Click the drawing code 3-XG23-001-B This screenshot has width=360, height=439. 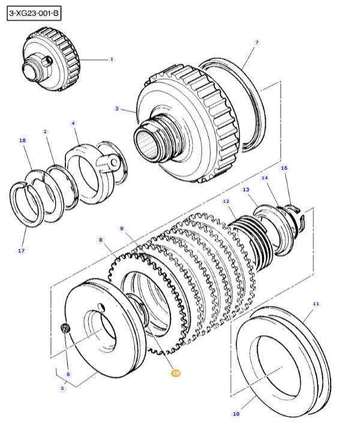click(34, 13)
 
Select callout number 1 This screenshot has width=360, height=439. click(111, 59)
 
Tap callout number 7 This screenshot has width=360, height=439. click(257, 43)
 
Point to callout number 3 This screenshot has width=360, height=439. click(117, 109)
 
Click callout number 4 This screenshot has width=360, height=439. click(73, 124)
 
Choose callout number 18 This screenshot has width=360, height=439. click(22, 140)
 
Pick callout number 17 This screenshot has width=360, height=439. click(21, 251)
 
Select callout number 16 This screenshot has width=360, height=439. click(284, 169)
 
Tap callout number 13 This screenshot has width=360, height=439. click(246, 190)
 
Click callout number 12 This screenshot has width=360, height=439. click(226, 202)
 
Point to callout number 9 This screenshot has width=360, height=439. click(121, 228)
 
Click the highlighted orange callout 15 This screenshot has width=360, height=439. click(176, 373)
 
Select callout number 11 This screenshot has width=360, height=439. click(316, 304)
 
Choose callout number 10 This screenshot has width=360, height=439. click(236, 414)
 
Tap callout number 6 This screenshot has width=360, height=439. click(68, 374)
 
